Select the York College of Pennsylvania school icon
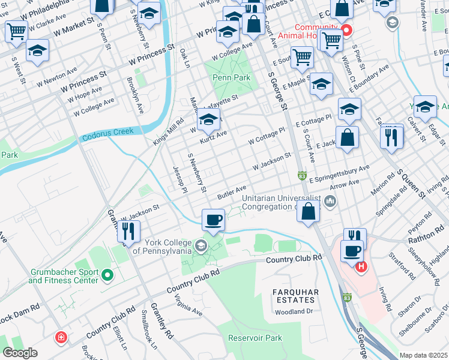201,245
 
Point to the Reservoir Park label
255,338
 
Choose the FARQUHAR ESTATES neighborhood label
294,296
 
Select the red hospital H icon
361,267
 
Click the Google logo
20,353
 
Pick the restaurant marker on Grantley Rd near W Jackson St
128,231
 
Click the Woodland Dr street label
294,311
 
